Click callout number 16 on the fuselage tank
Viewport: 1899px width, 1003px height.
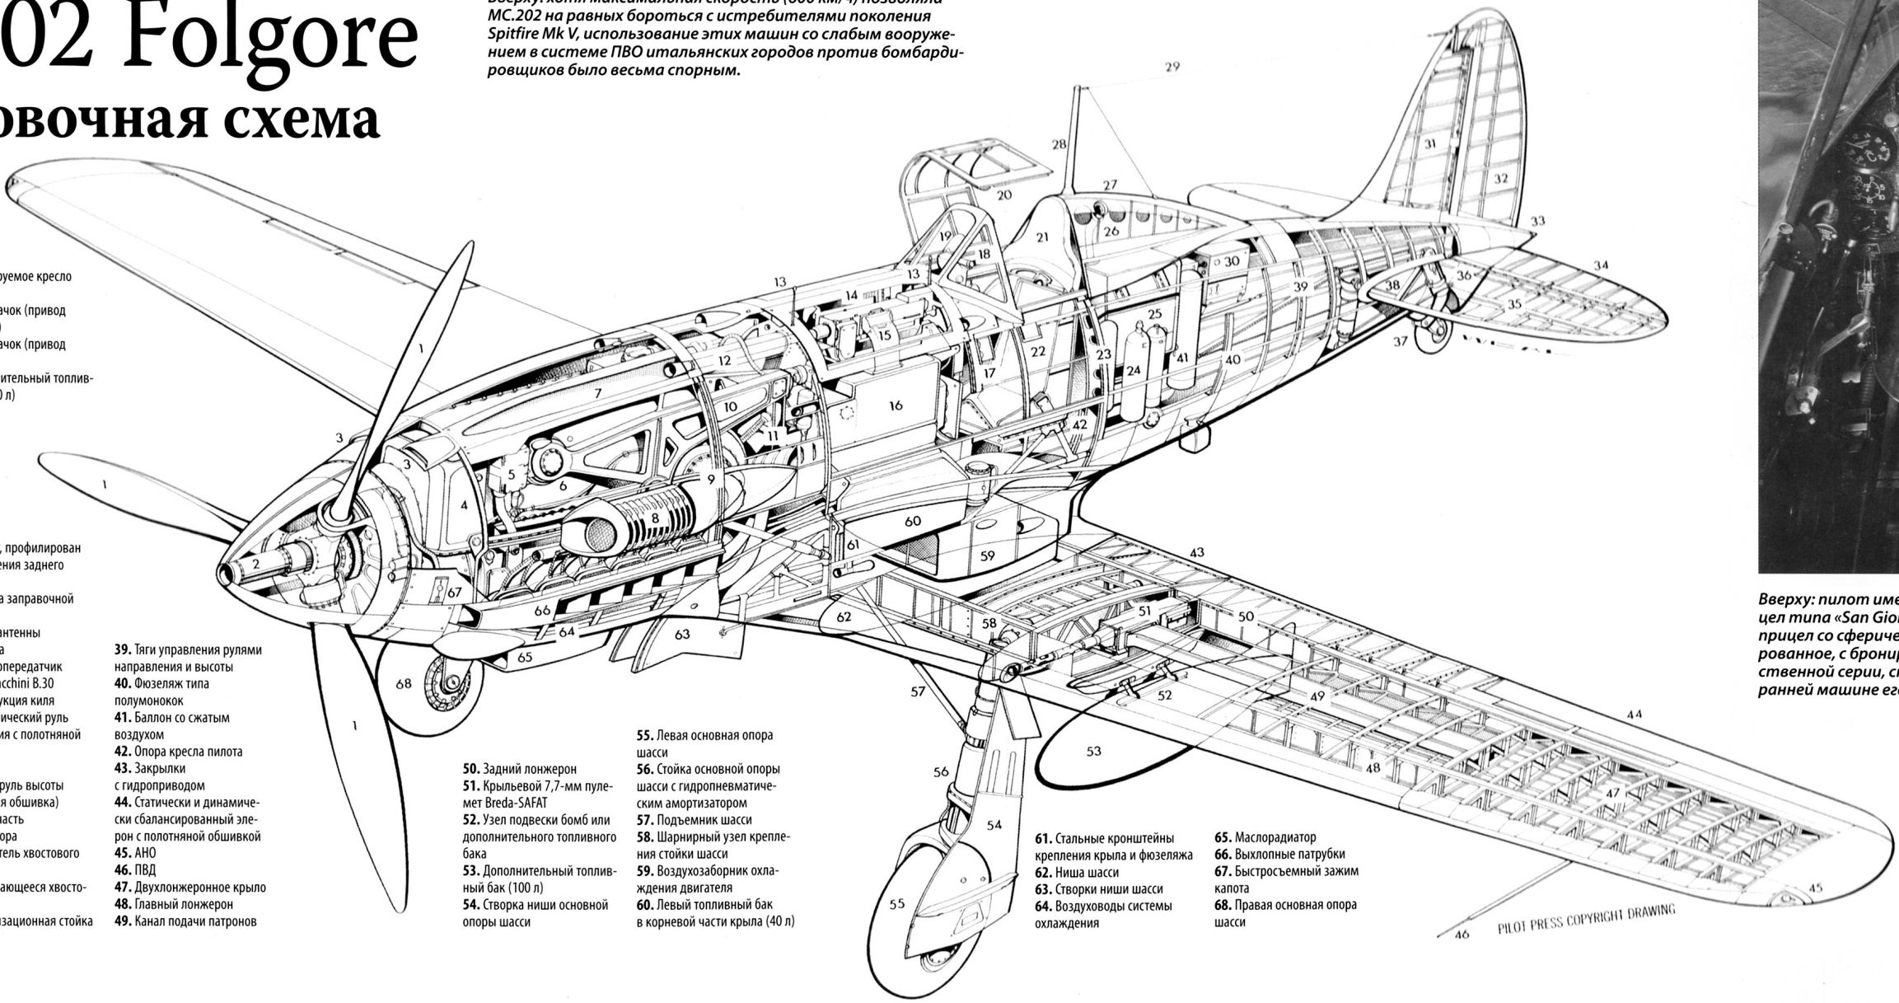pos(896,405)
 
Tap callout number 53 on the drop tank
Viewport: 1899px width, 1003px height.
pos(1093,752)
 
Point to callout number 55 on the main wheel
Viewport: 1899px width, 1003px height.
pos(897,904)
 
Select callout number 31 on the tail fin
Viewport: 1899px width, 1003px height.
pos(1430,143)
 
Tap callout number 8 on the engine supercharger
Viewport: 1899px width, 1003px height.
pos(656,518)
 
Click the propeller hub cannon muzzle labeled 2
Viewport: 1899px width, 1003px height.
pos(239,569)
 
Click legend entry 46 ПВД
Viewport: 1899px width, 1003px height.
pos(135,870)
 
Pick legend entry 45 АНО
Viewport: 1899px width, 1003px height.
pos(135,853)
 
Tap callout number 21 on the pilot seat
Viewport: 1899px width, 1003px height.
pos(1042,237)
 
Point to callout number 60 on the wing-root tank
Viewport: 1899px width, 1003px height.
pos(912,522)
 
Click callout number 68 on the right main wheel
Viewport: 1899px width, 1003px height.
pos(404,684)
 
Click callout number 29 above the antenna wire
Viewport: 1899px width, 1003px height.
pos(1172,67)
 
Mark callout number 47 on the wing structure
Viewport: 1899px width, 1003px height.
pos(1612,793)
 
